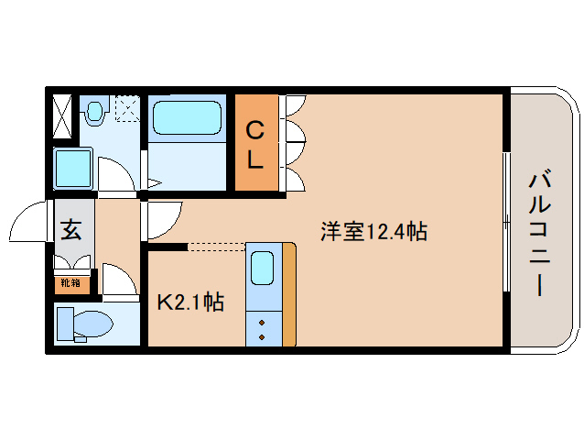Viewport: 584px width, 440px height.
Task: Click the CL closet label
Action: (x=254, y=145)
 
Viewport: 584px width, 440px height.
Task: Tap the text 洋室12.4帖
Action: (x=373, y=232)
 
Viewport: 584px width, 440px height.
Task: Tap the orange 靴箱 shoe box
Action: (x=70, y=283)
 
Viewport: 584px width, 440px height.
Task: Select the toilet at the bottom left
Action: (x=84, y=324)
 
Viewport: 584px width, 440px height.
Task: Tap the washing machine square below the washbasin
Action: (x=71, y=169)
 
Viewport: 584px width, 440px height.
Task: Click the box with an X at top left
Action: (x=62, y=115)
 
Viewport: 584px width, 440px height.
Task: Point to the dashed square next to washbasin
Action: (x=125, y=111)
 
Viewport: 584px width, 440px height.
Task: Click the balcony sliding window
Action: (x=505, y=220)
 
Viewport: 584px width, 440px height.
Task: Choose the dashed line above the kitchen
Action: (x=216, y=246)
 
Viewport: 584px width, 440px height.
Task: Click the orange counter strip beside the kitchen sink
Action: (x=289, y=293)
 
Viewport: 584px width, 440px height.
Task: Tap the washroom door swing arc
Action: (x=117, y=172)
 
